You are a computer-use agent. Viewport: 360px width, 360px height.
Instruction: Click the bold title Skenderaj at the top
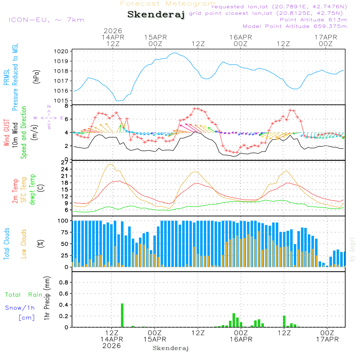pyautogui.click(x=156, y=14)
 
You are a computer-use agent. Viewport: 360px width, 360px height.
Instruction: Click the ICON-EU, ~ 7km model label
pyautogui.click(x=46, y=20)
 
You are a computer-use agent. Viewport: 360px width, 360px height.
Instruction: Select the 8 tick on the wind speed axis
pyautogui.click(x=66, y=106)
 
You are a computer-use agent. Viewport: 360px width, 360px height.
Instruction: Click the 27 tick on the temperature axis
pyautogui.click(x=65, y=163)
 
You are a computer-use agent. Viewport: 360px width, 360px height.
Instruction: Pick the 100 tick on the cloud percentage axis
pyautogui.click(x=63, y=221)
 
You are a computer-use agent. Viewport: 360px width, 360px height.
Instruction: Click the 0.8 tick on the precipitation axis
pyautogui.click(x=64, y=283)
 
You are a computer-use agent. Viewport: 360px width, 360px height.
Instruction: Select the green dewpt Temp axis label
pyautogui.click(x=32, y=190)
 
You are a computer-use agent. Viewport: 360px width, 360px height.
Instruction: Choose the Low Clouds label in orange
pyautogui.click(x=24, y=243)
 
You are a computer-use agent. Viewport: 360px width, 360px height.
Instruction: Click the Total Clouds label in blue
pyautogui.click(x=6, y=243)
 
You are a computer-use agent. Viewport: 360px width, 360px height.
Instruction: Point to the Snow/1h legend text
pyautogui.click(x=20, y=308)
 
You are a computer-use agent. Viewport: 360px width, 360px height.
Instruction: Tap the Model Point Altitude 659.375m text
pyautogui.click(x=295, y=26)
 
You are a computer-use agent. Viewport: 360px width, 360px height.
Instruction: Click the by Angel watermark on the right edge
pyautogui.click(x=352, y=249)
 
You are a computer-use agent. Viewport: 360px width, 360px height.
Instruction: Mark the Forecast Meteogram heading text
pyautogui.click(x=168, y=4)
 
